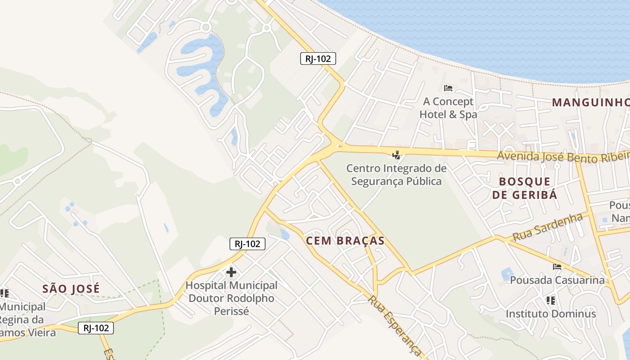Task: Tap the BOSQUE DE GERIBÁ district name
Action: point(525,188)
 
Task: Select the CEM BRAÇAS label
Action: point(345,241)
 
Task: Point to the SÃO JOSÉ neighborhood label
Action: point(71,288)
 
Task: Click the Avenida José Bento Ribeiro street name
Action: point(563,157)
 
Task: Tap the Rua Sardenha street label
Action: point(547,227)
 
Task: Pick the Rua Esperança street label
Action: point(395,326)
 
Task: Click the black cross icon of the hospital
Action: point(231,272)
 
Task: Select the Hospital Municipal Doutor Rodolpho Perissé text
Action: point(231,298)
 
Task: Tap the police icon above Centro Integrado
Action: point(396,155)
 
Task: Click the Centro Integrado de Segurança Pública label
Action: point(396,175)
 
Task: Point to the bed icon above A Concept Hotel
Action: point(448,88)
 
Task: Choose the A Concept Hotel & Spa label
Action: point(448,108)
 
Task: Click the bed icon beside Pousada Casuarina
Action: point(557,266)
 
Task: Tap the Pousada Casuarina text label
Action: point(557,280)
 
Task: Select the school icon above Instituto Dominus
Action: point(550,300)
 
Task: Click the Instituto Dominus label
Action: point(550,314)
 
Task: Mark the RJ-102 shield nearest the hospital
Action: point(247,244)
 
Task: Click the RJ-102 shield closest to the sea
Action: point(318,58)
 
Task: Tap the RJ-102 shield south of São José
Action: point(96,328)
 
